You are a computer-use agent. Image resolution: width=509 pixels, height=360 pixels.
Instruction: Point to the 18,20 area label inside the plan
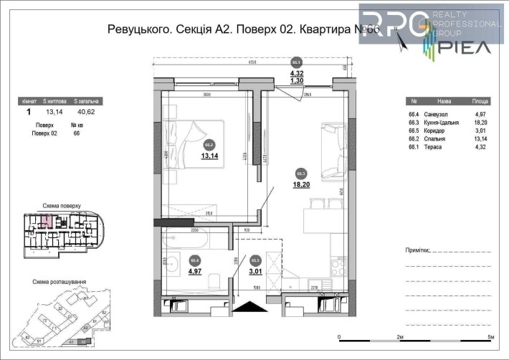[x=300, y=184]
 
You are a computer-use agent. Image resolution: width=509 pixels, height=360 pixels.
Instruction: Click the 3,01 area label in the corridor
[x=255, y=272]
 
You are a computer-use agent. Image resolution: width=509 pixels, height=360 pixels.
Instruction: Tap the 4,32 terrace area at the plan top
[x=296, y=73]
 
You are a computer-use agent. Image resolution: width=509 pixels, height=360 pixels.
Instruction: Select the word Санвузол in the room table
[x=437, y=113]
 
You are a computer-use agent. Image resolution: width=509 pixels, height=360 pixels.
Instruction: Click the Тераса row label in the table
[x=434, y=147]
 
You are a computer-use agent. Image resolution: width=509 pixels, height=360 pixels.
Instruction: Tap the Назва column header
[x=444, y=101]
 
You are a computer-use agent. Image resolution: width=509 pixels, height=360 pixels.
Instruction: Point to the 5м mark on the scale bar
[x=490, y=336]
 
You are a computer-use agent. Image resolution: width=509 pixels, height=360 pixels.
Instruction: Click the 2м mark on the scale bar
[x=400, y=336]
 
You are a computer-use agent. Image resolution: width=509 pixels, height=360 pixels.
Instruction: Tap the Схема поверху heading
[x=62, y=204]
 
